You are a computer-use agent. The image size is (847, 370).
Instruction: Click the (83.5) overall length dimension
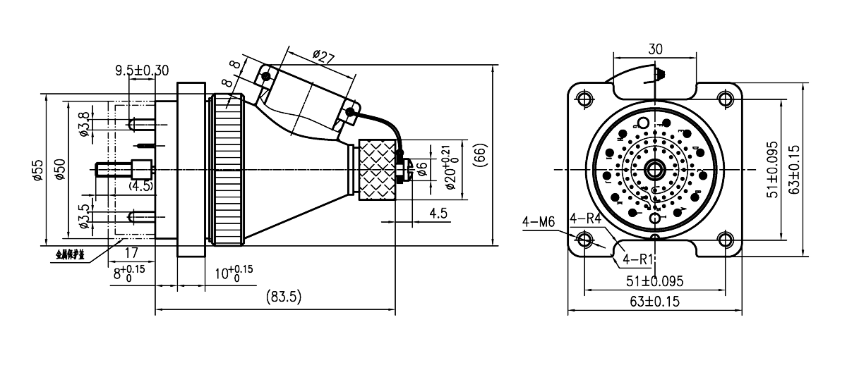coord(283,298)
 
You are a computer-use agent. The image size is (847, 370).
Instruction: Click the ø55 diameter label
coord(39,168)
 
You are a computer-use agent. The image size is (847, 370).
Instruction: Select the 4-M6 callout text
coord(539,222)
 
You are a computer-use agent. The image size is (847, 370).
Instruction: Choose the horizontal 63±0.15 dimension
coord(655,302)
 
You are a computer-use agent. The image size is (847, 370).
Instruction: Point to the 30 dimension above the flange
coord(656,50)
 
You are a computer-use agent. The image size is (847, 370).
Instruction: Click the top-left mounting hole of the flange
coord(584,98)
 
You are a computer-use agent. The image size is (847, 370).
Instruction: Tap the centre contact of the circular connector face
coord(655,169)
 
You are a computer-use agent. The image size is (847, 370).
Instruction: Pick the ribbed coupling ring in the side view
coord(227,170)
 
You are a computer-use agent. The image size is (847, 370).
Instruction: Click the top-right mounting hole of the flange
coord(726,98)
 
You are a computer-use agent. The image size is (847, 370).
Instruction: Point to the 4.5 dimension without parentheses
coord(439,213)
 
